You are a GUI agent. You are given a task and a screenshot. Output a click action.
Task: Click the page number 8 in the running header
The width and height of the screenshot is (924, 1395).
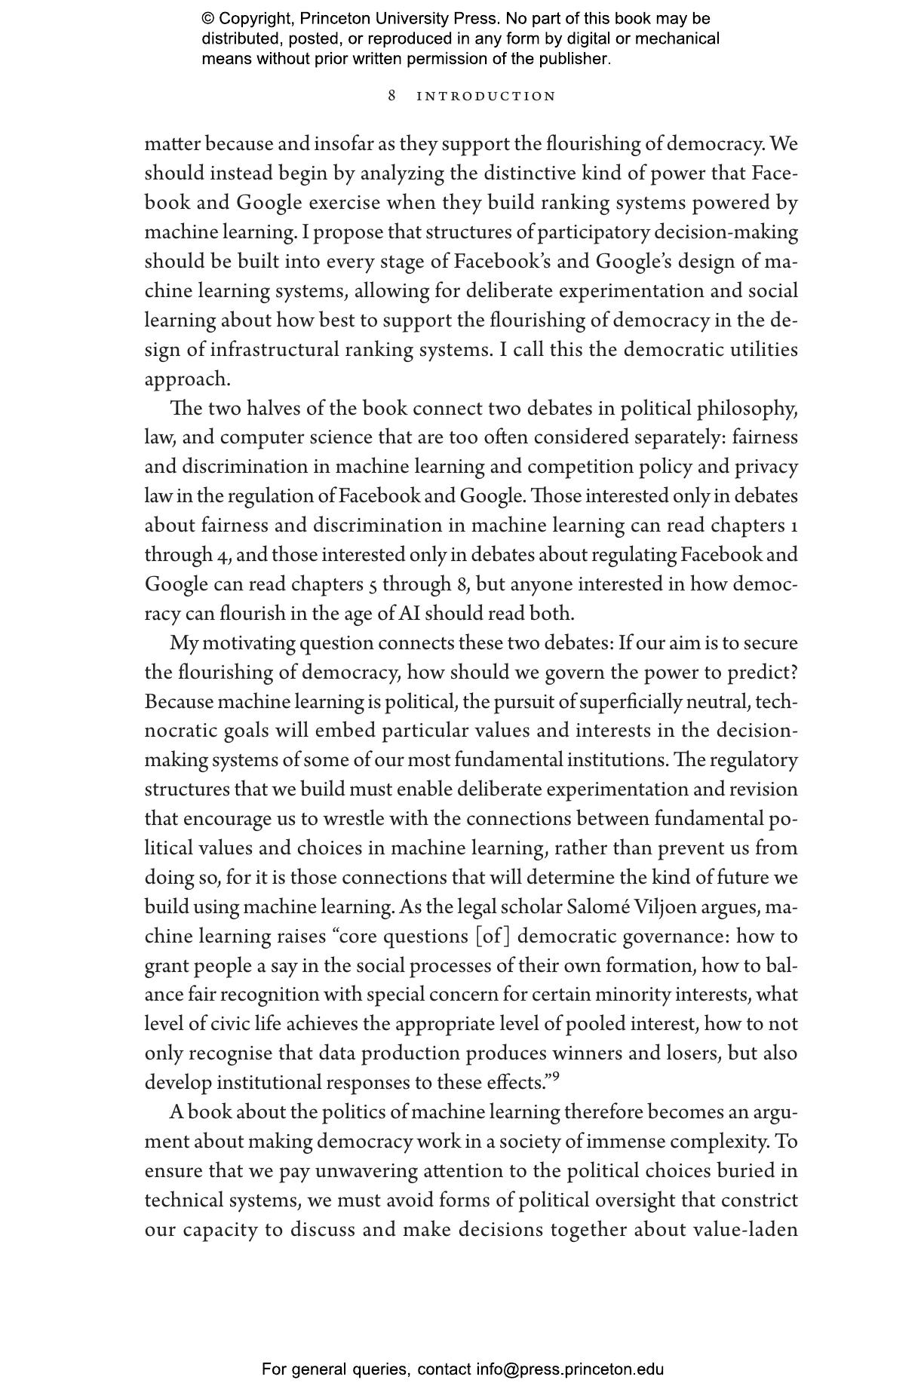pos(392,96)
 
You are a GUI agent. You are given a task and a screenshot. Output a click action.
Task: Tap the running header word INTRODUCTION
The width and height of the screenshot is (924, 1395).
pos(487,97)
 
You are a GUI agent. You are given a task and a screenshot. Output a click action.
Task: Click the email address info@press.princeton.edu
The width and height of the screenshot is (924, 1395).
pos(569,1369)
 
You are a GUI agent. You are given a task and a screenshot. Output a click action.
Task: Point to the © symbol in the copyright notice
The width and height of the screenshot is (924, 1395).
pos(208,19)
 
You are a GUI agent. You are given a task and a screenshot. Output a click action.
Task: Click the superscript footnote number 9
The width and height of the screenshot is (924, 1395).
pos(556,1077)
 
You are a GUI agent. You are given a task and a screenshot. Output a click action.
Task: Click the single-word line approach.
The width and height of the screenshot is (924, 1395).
pos(187,379)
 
